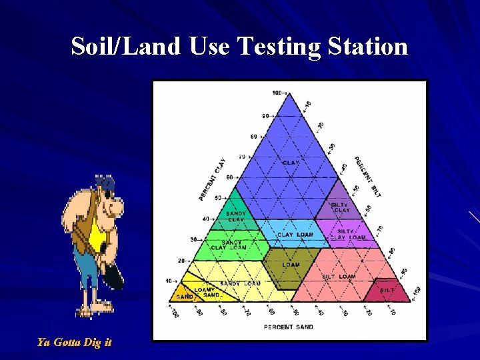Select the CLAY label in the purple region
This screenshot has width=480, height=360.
coord(291,162)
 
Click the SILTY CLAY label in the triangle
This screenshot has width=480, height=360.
coord(340,207)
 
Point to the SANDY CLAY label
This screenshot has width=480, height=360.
coord(236,217)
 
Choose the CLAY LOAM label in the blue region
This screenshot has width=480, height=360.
coord(295,235)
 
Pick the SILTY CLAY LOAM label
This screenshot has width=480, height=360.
coord(347,235)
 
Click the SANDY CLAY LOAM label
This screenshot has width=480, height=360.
coord(229,245)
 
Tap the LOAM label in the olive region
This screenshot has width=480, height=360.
coord(291,265)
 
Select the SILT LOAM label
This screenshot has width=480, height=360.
coord(339,276)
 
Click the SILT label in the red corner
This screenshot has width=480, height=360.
coord(387,290)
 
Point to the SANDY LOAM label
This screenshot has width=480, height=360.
coord(240,283)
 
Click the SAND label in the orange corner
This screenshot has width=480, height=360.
coord(185,297)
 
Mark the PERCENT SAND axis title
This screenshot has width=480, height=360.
coord(289,327)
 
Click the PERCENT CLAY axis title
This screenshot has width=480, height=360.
coord(213,179)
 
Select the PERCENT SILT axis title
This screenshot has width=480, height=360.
coord(367,177)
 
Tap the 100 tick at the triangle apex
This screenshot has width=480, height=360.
coord(278,92)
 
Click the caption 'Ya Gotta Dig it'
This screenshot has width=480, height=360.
coord(74,343)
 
